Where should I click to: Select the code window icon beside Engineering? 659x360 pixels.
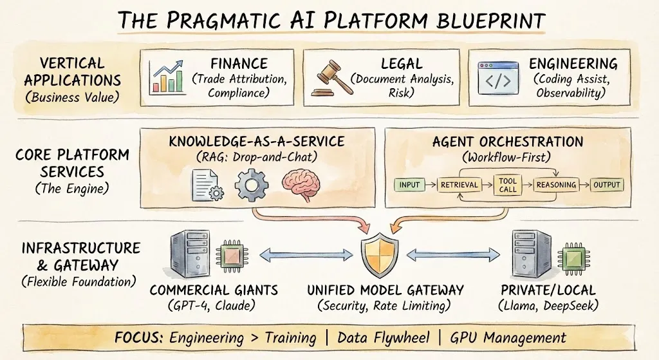coord(496,79)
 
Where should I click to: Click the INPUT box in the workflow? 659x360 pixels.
coord(409,185)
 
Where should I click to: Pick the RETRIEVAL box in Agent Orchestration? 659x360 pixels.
coord(459,185)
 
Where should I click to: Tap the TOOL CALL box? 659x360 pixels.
coord(507,185)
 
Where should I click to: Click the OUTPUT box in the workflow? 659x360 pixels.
coord(606,185)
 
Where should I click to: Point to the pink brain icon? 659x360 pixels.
coord(302,183)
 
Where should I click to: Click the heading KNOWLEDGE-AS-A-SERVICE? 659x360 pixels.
coord(255,141)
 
